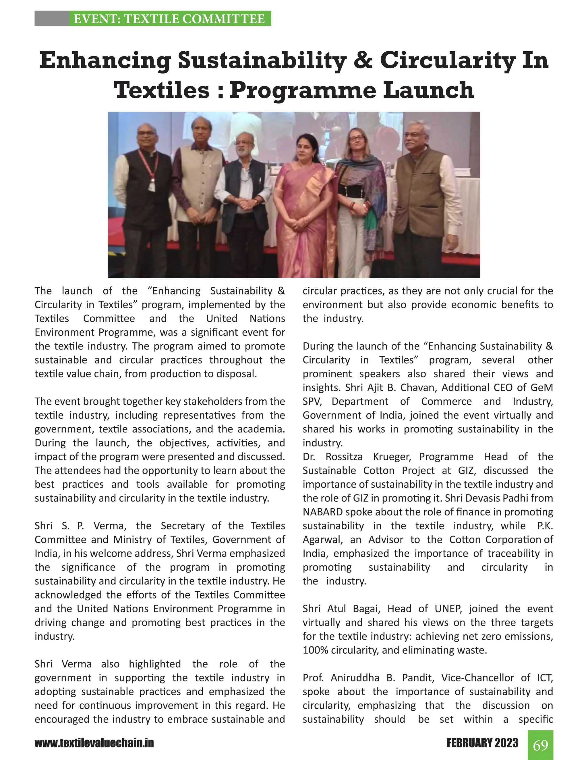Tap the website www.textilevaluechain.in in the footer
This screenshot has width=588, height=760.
94,743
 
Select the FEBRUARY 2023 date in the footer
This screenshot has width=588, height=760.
482,743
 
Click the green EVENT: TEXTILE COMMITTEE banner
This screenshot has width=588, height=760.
169,18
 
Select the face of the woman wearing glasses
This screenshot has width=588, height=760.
356,141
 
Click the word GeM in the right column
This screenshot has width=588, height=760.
542,387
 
